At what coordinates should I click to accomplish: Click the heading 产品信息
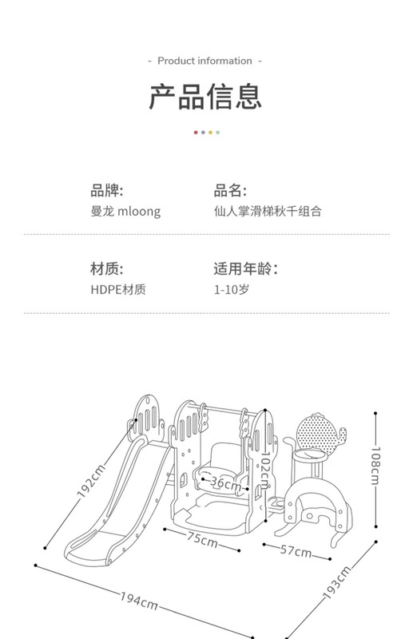point(205,97)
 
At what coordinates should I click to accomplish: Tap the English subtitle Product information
point(205,62)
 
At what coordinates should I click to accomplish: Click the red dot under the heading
point(196,133)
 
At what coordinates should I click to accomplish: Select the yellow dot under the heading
point(210,133)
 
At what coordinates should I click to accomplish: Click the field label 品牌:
point(107,191)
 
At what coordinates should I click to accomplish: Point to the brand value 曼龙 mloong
point(125,212)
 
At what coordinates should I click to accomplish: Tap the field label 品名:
point(230,191)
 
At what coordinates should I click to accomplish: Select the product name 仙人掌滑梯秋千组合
point(268,211)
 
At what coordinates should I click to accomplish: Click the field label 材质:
point(107,269)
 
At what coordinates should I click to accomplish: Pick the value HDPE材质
point(118,290)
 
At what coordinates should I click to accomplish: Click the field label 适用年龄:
point(246,269)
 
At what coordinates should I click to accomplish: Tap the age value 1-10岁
point(232,290)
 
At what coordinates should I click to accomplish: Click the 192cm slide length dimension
point(91,482)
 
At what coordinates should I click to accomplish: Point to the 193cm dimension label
point(337,582)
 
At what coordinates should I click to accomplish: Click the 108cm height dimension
point(375,466)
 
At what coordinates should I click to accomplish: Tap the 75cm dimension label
point(202,540)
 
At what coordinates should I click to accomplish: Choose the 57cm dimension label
point(296,550)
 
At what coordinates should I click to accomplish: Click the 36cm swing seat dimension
point(225,484)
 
